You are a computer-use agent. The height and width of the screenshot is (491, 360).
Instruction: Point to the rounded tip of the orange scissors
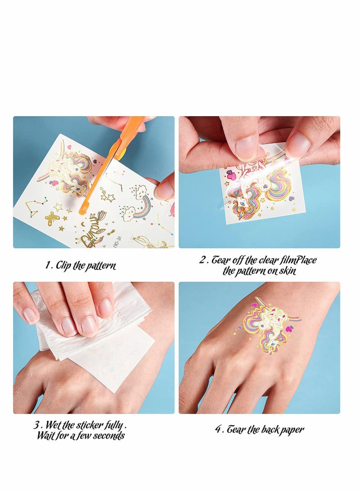(x=82, y=210)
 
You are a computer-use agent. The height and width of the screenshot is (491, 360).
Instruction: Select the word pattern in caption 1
(x=101, y=266)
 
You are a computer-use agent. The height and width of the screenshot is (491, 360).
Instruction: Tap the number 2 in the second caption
(x=202, y=260)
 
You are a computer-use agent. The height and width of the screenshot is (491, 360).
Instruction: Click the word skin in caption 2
(x=286, y=271)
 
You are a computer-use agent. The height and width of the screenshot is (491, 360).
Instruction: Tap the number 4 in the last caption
(x=218, y=429)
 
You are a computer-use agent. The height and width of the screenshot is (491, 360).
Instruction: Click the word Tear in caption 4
(x=236, y=429)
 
